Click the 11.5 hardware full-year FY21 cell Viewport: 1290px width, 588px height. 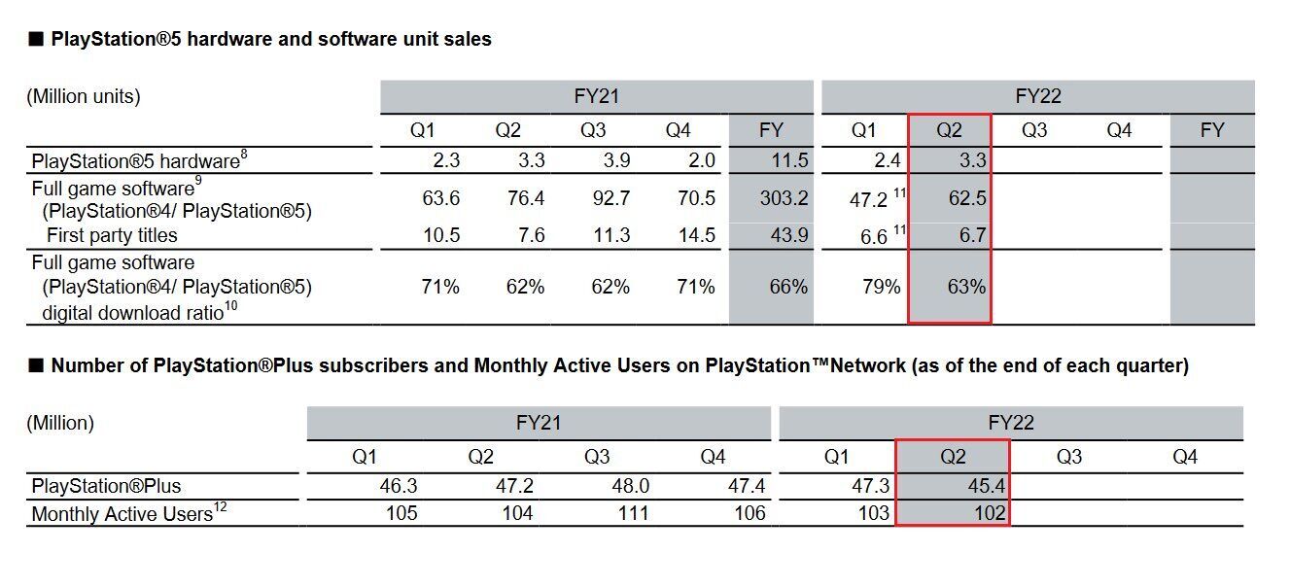coord(788,161)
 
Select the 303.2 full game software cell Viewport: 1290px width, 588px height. coord(784,198)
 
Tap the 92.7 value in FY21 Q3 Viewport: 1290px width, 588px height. coord(610,198)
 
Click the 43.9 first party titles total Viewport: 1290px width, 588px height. coord(788,235)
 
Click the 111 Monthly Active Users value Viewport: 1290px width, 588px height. coord(632,513)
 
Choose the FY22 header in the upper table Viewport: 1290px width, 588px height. coord(1037,96)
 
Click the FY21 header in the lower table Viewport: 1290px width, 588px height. coord(539,423)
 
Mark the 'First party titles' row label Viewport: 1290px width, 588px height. coord(112,235)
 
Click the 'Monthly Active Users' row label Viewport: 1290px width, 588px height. coord(122,514)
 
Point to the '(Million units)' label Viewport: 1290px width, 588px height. coord(84,96)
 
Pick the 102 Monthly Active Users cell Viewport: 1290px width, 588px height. coord(990,513)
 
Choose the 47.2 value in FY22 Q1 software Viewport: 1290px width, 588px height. coord(867,199)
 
